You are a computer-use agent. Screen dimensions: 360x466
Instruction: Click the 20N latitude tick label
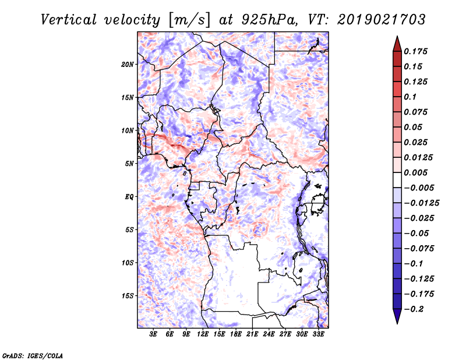[128, 64]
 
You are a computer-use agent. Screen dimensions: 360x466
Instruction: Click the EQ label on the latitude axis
[129, 197]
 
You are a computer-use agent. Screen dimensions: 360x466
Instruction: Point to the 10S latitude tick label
[128, 263]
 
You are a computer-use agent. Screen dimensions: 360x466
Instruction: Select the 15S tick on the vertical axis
[128, 296]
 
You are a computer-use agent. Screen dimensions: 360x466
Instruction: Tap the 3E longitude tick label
[154, 335]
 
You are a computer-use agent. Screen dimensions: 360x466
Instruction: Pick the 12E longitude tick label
[203, 335]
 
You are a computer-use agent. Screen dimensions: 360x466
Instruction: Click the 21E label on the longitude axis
[252, 335]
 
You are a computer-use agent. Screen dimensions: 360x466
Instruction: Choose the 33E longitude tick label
[318, 335]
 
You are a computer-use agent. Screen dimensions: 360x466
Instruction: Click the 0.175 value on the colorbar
[416, 51]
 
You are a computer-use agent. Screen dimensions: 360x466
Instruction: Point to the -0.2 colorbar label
[416, 309]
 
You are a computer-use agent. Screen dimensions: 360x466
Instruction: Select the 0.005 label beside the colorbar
[416, 172]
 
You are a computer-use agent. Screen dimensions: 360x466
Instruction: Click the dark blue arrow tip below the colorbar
[396, 319]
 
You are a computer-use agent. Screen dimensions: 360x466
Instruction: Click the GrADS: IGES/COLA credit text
[24, 354]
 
